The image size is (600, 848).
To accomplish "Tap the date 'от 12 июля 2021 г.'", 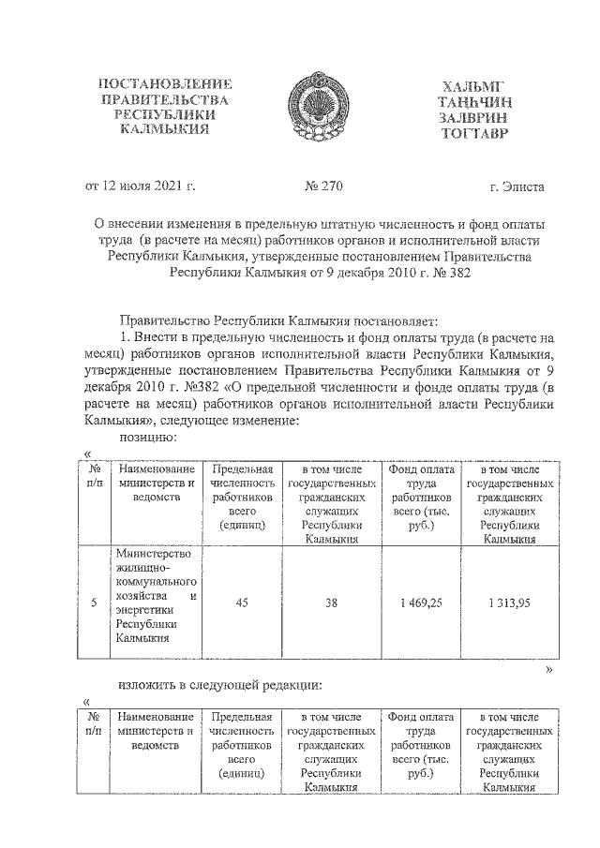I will pyautogui.click(x=141, y=186).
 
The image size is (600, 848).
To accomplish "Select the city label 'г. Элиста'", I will pyautogui.click(x=517, y=186).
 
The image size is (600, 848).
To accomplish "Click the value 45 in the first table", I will pyautogui.click(x=242, y=603).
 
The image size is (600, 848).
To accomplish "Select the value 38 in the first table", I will pyautogui.click(x=331, y=603).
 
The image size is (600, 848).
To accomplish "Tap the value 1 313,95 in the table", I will pyautogui.click(x=509, y=603).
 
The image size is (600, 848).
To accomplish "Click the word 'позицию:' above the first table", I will pyautogui.click(x=144, y=436).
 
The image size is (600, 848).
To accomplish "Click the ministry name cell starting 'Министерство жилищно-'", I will pyautogui.click(x=156, y=597).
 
